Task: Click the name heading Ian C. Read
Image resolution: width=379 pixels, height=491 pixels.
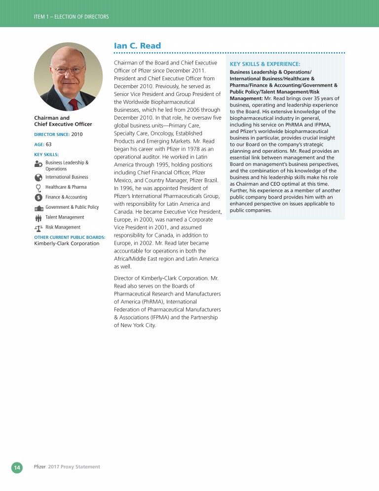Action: [x=137, y=46]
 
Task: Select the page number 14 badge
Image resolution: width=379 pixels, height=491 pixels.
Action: [x=17, y=467]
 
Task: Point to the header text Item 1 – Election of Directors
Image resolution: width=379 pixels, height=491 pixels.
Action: [x=71, y=17]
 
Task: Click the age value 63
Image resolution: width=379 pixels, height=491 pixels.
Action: [x=49, y=144]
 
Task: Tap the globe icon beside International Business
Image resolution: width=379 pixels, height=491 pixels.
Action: [x=38, y=177]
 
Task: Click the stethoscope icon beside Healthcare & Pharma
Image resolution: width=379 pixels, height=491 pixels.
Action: [x=38, y=187]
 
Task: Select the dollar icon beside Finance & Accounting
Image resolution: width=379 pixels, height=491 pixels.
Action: [x=38, y=197]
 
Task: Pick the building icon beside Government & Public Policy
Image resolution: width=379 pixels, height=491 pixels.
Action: [x=38, y=208]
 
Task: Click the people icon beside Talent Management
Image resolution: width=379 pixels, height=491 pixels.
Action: [x=38, y=218]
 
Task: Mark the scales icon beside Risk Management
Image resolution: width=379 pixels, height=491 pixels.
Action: [x=38, y=228]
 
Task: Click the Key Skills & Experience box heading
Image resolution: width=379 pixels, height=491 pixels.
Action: [x=265, y=64]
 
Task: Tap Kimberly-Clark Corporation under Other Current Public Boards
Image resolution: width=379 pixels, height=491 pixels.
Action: [x=67, y=243]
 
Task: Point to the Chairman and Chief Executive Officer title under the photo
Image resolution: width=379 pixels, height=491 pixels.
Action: [x=63, y=121]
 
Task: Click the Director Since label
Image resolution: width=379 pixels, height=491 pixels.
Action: [x=51, y=134]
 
